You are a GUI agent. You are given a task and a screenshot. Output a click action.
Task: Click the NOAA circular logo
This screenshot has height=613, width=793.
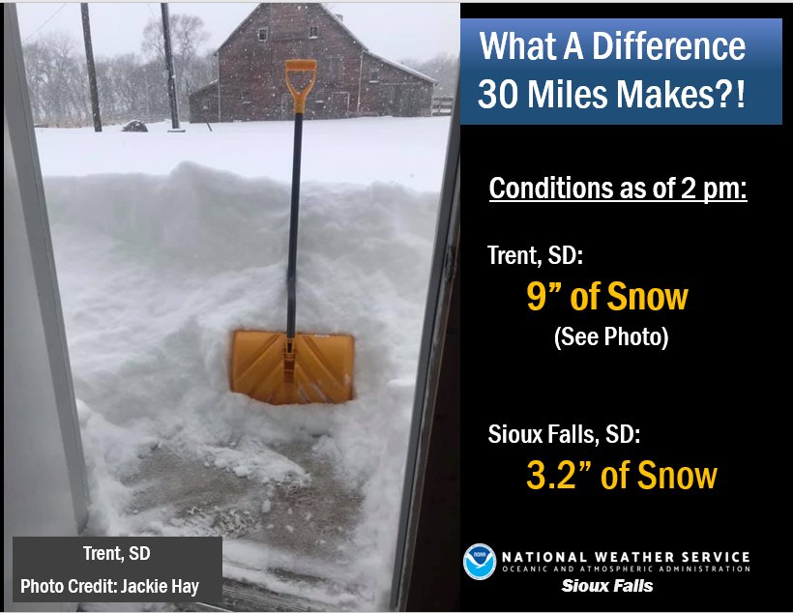(479, 562)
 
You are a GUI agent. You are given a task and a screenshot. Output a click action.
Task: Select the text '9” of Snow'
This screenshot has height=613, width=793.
(606, 297)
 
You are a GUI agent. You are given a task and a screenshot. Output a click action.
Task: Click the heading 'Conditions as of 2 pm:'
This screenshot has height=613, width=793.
(618, 188)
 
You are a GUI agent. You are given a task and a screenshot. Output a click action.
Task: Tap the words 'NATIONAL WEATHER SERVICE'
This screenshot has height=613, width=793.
(625, 557)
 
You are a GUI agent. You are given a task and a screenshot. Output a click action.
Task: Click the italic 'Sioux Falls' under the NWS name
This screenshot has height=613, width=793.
(607, 586)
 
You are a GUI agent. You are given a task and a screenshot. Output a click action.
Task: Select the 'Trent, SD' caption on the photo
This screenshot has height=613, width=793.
(118, 555)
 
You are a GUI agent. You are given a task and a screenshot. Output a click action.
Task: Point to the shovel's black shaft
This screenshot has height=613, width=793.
(294, 213)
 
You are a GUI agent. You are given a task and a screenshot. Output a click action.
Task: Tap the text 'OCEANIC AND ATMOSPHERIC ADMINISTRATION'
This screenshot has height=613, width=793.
(625, 570)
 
